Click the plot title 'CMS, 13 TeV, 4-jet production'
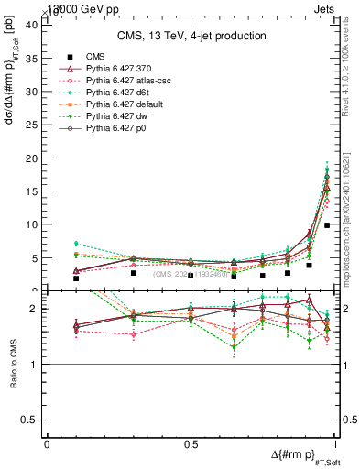coord(191,36)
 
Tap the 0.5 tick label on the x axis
coord(191,444)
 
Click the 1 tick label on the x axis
coord(335,444)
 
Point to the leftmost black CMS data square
coord(76,278)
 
